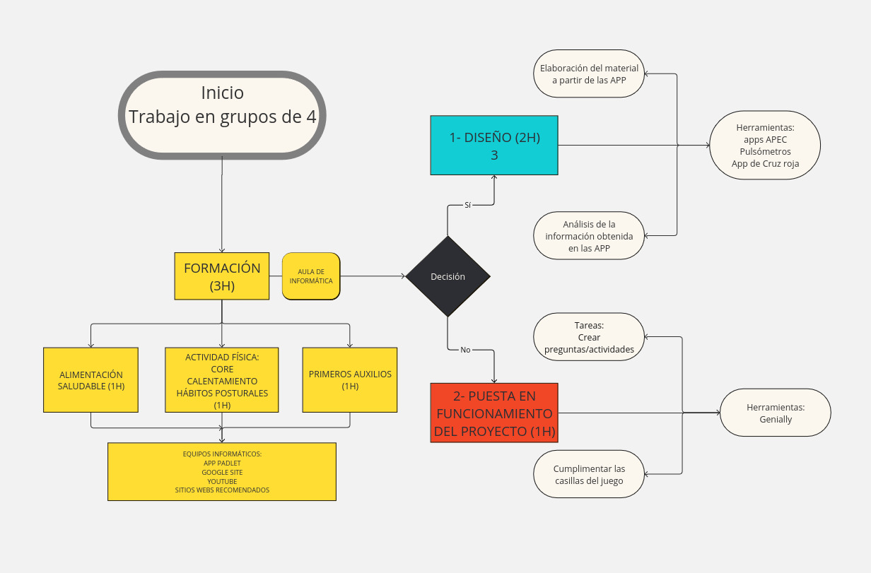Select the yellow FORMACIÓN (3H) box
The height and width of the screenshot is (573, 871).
222,276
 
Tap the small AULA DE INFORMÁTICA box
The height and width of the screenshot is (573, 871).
311,276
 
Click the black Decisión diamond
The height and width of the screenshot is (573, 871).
448,276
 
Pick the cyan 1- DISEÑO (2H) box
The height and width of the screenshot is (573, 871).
494,145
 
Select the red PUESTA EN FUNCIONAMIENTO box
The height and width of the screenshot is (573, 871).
494,413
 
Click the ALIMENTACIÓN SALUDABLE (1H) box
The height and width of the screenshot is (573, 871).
90,380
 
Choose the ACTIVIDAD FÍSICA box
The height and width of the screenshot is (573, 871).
222,380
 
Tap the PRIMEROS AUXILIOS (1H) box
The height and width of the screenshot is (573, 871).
350,380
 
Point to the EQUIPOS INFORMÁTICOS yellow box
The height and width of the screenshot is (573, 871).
222,471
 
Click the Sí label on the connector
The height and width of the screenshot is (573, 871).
467,205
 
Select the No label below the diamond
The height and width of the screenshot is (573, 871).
465,350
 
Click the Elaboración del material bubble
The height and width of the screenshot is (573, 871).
589,74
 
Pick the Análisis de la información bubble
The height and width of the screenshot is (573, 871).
589,236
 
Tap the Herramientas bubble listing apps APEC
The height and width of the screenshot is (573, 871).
764,146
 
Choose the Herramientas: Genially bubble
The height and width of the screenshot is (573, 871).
775,413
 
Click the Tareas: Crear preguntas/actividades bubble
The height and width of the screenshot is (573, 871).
589,337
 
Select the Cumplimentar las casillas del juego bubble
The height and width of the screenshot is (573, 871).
589,475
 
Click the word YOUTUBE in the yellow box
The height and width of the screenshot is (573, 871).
222,481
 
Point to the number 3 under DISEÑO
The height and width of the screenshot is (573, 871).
494,155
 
